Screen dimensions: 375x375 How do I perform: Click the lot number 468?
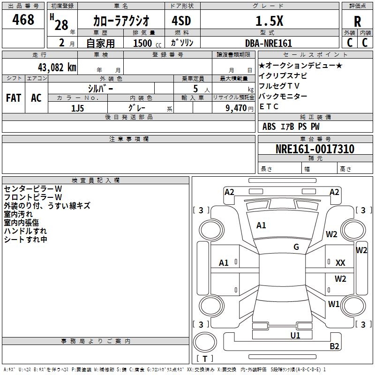(23, 20)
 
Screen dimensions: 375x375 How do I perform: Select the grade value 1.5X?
(269, 21)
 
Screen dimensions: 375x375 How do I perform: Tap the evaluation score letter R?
(357, 22)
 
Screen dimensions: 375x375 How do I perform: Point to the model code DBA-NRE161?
(268, 43)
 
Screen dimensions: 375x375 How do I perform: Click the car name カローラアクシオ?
(121, 21)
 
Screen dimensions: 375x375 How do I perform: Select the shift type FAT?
(14, 98)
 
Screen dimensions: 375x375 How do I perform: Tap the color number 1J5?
(78, 108)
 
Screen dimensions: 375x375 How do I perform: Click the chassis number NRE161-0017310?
(315, 150)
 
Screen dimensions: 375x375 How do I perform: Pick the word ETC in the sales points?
(269, 106)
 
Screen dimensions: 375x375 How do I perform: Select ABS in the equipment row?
(269, 127)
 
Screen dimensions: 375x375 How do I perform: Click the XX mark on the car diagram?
(340, 263)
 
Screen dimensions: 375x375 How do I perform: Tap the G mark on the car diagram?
(296, 247)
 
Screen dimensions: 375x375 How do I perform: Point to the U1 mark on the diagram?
(295, 335)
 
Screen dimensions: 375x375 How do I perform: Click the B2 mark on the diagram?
(334, 346)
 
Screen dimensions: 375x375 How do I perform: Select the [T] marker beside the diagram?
(205, 359)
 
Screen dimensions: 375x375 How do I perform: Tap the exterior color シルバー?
(100, 88)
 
